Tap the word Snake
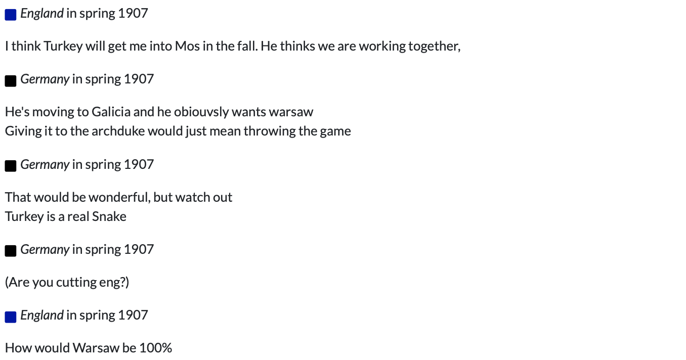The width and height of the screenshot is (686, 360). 109,217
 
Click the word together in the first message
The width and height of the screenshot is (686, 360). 434,47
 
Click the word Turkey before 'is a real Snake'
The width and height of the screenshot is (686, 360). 24,217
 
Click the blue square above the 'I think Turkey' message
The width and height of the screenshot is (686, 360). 11,15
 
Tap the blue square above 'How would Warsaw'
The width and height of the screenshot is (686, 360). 11,317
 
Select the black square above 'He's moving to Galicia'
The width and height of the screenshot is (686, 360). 11,80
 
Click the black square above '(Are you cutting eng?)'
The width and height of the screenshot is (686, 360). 11,251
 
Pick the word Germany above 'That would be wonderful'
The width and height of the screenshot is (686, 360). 45,165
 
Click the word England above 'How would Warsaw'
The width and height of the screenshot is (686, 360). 42,316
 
